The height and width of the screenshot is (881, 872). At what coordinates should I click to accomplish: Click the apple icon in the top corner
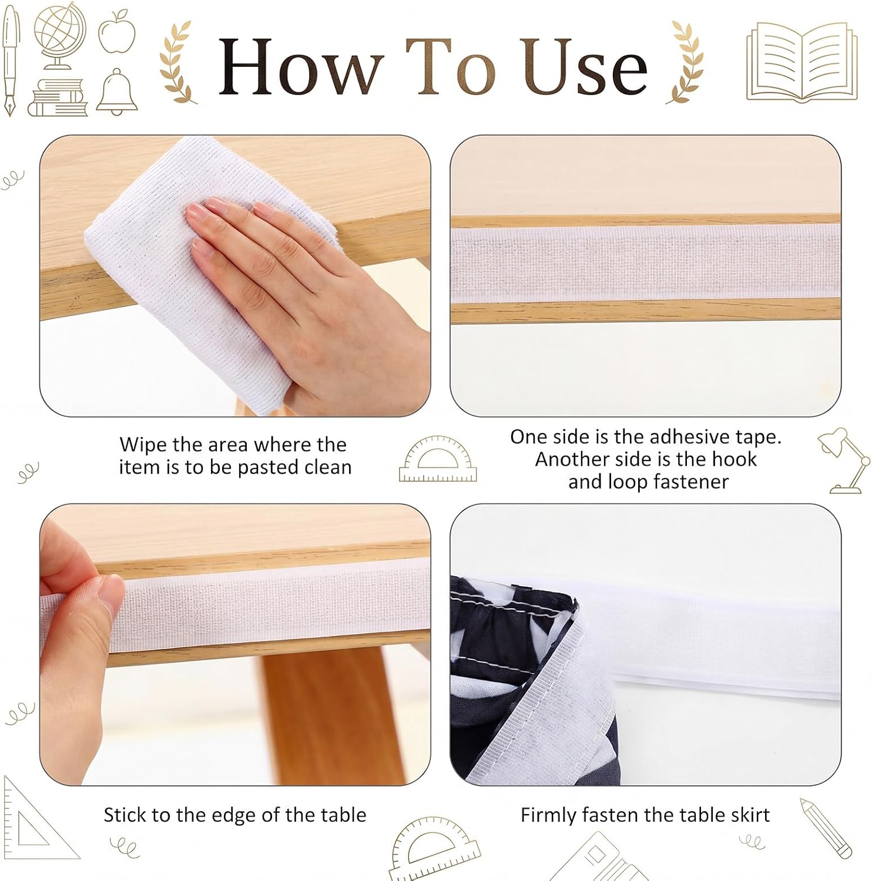point(117,31)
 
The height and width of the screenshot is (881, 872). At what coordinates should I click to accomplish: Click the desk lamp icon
point(843,460)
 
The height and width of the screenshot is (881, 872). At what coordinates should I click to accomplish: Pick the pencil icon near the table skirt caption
point(826,828)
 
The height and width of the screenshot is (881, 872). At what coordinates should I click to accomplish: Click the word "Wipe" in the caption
point(143,445)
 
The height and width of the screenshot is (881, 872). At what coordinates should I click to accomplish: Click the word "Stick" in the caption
point(123,815)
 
